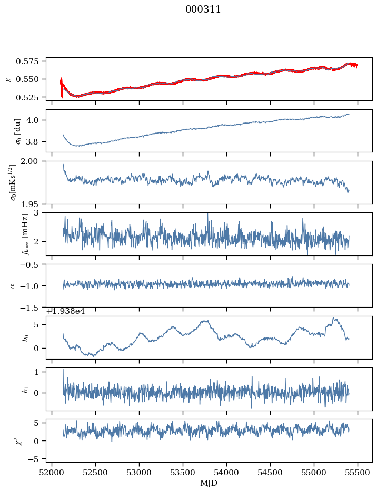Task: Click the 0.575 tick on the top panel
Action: pos(31,61)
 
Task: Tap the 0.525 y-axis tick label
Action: pos(31,98)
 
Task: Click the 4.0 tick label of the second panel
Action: pos(36,120)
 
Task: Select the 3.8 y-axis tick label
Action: pos(36,142)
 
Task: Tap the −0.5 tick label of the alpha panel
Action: pos(33,265)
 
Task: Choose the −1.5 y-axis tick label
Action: pos(33,307)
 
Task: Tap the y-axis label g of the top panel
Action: pos(7,79)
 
